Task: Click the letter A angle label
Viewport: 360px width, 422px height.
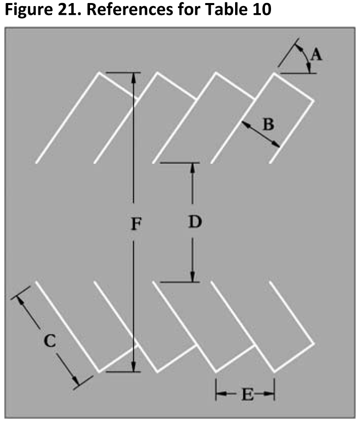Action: tap(317, 54)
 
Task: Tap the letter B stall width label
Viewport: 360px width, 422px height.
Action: tap(268, 124)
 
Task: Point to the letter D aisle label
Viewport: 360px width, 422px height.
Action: tap(195, 221)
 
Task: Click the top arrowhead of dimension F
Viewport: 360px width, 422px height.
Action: tap(134, 78)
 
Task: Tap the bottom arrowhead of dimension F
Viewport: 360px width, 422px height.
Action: tap(134, 366)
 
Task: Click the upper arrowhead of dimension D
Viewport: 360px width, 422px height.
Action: tap(192, 168)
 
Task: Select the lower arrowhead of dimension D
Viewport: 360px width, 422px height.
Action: tap(192, 276)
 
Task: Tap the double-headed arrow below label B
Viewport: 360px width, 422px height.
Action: tap(260, 134)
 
